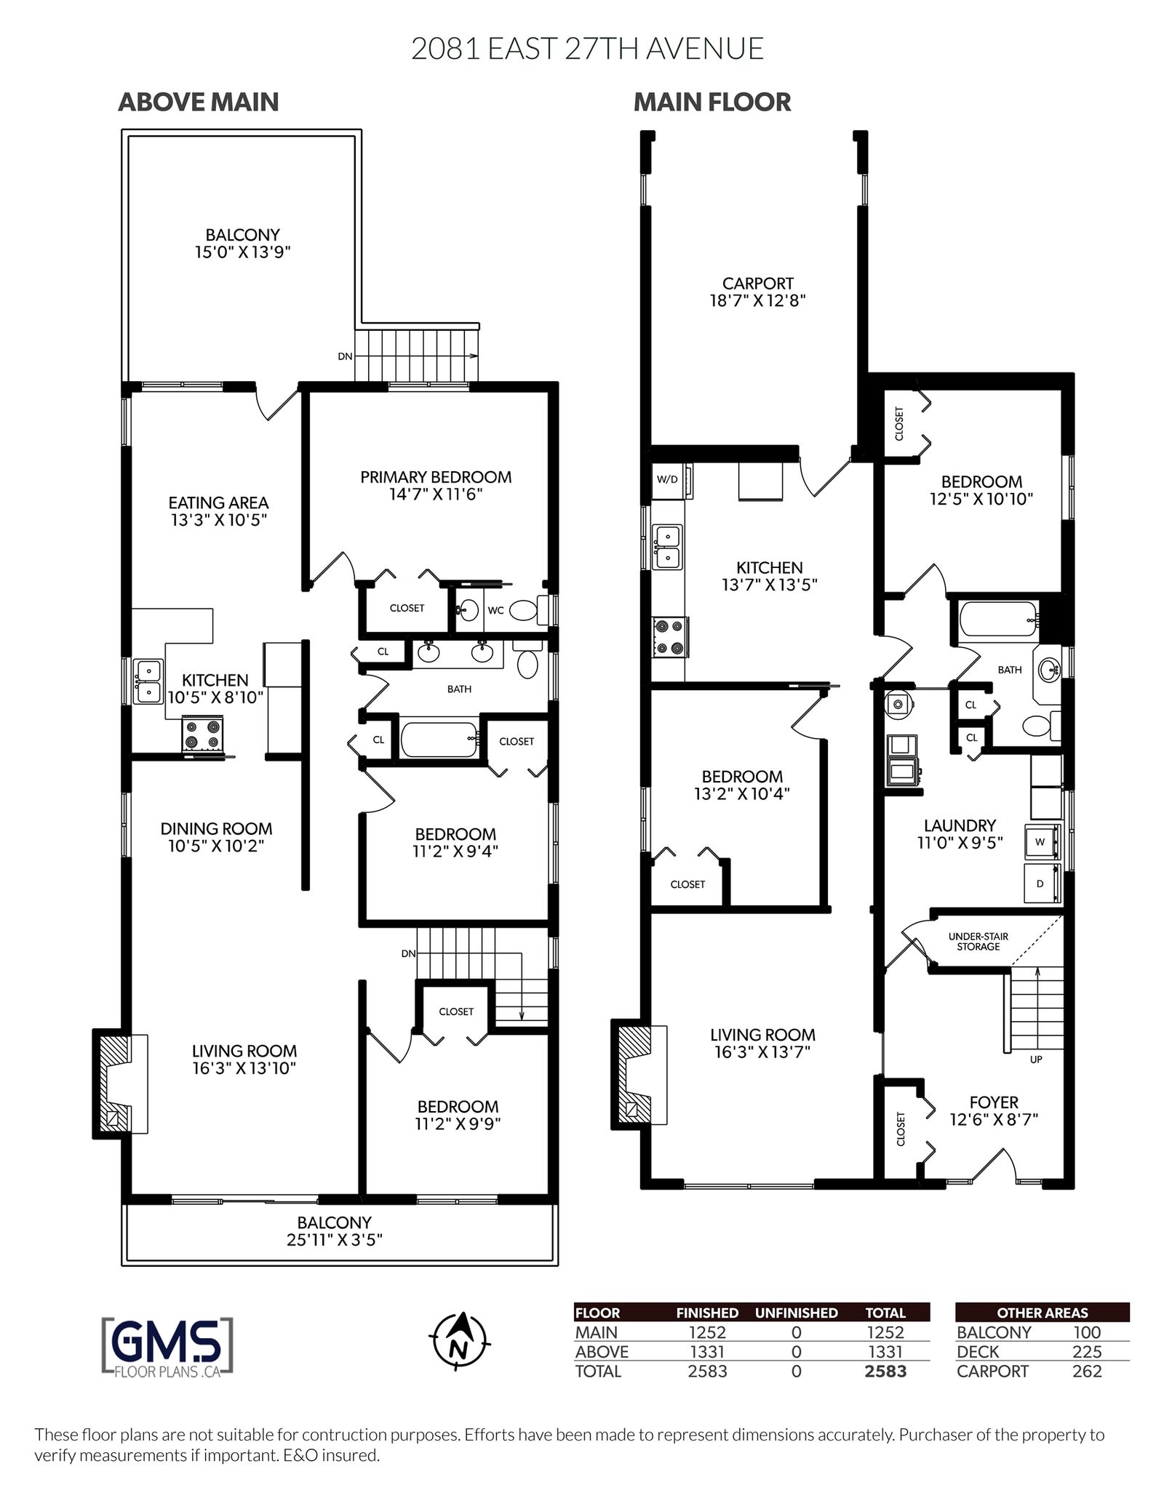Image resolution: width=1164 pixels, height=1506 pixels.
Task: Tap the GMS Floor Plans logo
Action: [x=168, y=1347]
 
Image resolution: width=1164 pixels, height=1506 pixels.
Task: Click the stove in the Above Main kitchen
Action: [x=202, y=733]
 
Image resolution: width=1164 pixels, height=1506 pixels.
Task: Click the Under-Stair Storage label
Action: [x=978, y=941]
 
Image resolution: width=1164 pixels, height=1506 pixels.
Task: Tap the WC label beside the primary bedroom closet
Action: [x=495, y=610]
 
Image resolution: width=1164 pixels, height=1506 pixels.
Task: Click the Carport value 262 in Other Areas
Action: [x=1087, y=1371]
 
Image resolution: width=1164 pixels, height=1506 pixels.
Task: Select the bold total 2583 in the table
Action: [x=885, y=1371]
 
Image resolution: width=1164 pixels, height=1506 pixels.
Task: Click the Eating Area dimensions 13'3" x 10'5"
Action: [x=219, y=520]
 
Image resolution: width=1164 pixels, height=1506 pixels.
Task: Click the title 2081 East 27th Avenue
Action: [x=587, y=49]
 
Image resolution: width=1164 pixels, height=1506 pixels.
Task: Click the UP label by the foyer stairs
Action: [x=1036, y=1060]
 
